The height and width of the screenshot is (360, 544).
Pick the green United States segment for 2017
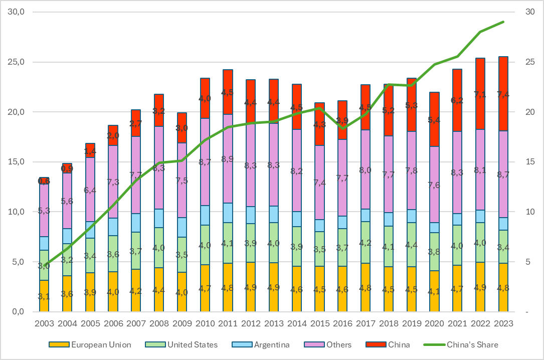coord(365,242)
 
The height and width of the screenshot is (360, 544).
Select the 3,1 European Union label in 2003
coord(44,297)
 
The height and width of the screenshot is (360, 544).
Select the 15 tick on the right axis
coord(529,162)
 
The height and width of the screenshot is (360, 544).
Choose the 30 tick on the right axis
coord(529,12)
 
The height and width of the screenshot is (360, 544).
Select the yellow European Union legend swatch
coord(58,344)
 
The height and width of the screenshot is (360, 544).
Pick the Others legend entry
coord(337,344)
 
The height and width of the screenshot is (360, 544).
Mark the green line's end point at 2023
coord(503,22)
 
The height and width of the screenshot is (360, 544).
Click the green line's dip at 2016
coord(342,128)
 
